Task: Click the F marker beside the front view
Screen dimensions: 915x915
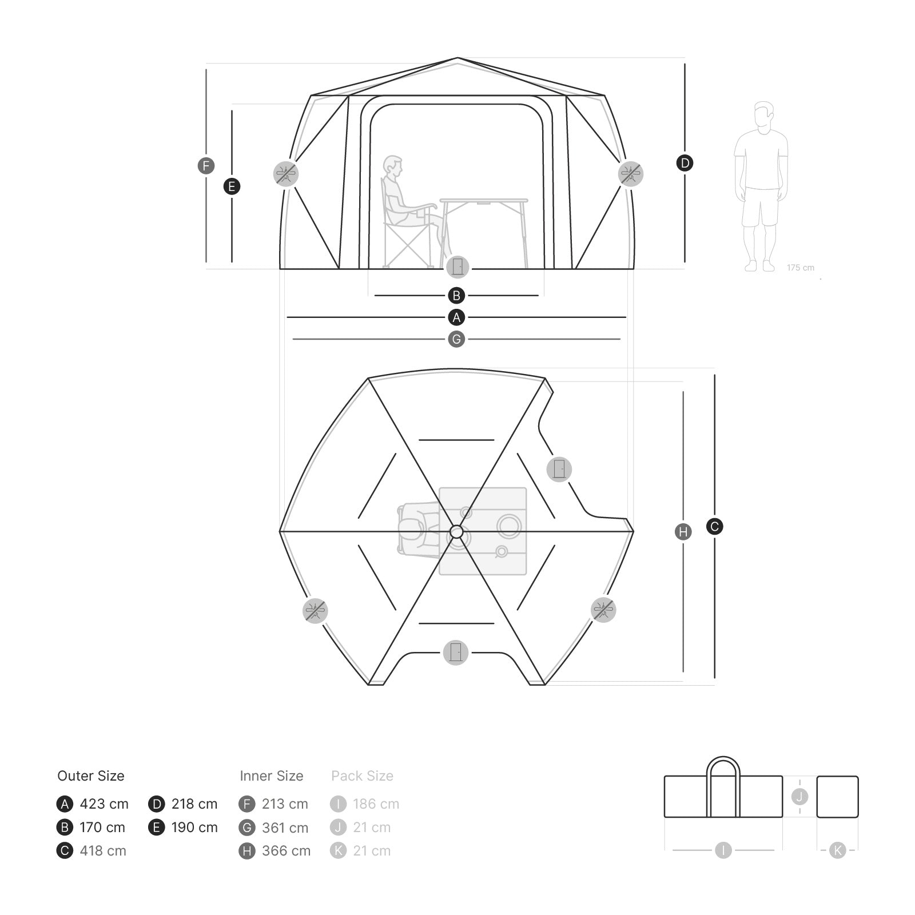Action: point(206,166)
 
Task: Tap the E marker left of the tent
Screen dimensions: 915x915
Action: point(232,186)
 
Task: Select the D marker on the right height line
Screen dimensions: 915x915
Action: point(685,163)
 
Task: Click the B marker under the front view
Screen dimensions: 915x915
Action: point(456,296)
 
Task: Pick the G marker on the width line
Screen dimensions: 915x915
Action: point(456,339)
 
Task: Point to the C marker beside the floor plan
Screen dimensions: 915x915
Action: point(714,526)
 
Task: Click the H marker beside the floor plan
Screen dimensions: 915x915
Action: point(683,532)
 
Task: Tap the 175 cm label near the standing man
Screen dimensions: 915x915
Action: point(800,268)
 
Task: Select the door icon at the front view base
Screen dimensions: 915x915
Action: point(457,266)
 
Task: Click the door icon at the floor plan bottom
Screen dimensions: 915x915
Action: point(456,652)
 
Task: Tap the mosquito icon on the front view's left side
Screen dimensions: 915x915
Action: point(286,173)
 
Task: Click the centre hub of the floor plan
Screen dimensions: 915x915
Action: point(456,532)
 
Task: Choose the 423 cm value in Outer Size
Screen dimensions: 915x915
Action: point(104,804)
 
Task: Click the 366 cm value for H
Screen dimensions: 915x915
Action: point(286,851)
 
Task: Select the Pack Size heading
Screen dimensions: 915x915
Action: point(362,776)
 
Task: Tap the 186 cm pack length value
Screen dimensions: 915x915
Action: point(376,804)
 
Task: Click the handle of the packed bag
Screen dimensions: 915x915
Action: point(723,766)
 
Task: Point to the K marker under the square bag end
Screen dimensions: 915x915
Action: point(837,850)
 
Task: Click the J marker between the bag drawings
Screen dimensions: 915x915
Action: point(799,796)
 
